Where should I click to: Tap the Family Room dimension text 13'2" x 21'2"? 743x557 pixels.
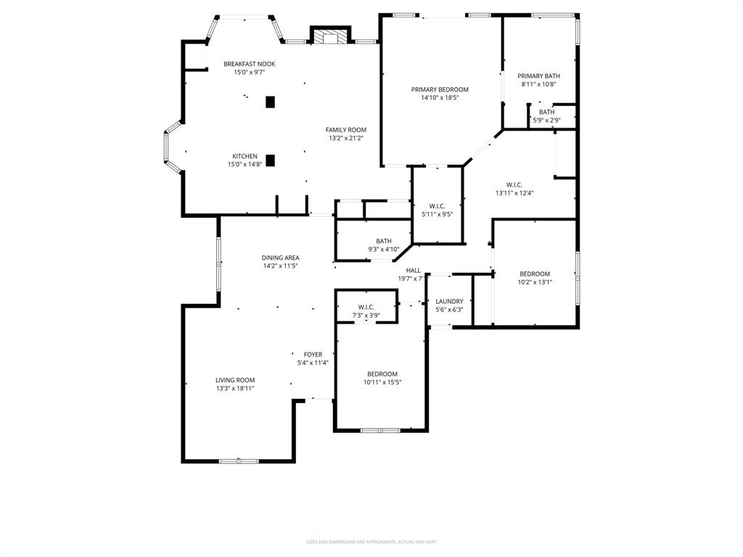click(x=345, y=138)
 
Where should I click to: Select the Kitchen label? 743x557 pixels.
click(x=245, y=156)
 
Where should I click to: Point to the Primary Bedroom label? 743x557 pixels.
click(x=440, y=90)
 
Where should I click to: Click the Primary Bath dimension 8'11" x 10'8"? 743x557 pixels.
click(x=538, y=84)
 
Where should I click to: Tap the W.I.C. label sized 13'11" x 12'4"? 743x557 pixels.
click(x=514, y=185)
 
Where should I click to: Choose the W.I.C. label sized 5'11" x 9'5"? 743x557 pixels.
click(x=437, y=206)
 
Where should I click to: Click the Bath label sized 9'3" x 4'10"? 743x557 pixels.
click(x=384, y=242)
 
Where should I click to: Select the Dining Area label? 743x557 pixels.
click(x=280, y=257)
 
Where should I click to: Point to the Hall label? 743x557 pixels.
click(x=413, y=271)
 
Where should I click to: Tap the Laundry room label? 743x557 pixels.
click(x=449, y=302)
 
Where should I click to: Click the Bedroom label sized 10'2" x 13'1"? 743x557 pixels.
click(x=534, y=274)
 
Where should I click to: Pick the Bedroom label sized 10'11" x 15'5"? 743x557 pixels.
click(x=382, y=374)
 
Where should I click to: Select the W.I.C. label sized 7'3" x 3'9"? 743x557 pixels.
click(x=366, y=307)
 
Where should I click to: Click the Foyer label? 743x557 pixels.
click(x=313, y=355)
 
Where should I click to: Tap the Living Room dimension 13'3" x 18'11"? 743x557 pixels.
click(x=234, y=388)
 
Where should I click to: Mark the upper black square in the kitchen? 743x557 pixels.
click(x=270, y=102)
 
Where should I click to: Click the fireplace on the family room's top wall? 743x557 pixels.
click(x=330, y=36)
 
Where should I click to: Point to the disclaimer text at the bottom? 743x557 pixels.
click(x=371, y=542)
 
